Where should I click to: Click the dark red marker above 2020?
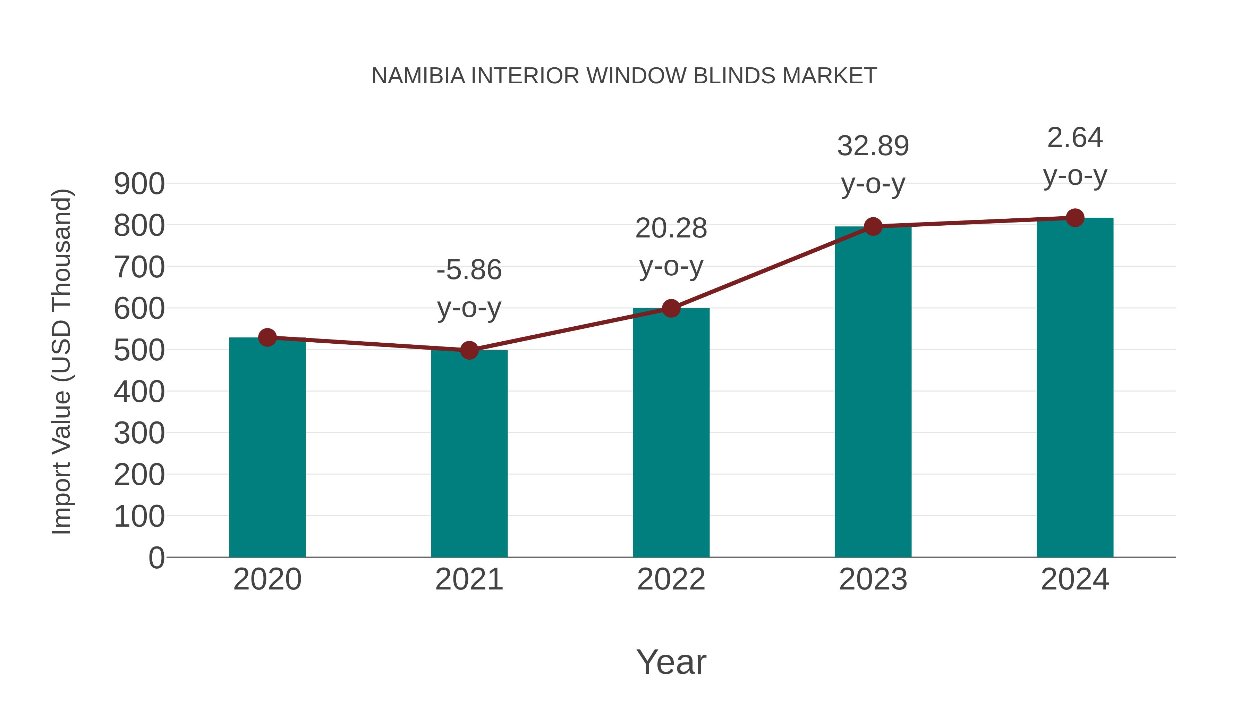click(x=267, y=337)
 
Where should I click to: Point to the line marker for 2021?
click(x=469, y=350)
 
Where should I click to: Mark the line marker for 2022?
click(x=671, y=308)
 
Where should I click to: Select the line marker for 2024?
click(x=1075, y=218)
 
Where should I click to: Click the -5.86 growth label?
click(x=469, y=270)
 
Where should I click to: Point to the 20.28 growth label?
click(x=671, y=228)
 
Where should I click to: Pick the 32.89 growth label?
click(x=873, y=146)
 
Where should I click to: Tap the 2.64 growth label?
click(x=1075, y=138)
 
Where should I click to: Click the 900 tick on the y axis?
click(x=139, y=184)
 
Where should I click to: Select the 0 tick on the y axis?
click(x=156, y=558)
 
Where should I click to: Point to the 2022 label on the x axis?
click(x=671, y=579)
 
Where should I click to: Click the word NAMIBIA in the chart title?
click(x=418, y=76)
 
